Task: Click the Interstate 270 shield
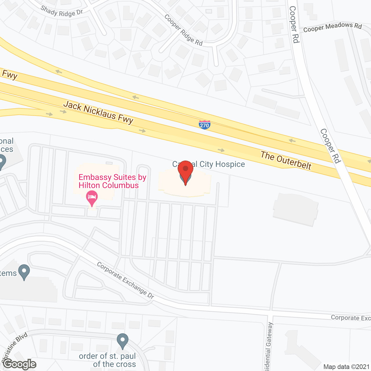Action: point(204,125)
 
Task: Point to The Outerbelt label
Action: point(286,160)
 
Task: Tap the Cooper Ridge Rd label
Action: point(183,30)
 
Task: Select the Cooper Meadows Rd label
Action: point(332,27)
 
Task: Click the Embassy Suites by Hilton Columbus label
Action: point(112,181)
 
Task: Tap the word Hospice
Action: point(230,164)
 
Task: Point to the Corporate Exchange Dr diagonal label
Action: point(125,280)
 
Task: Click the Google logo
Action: point(20,364)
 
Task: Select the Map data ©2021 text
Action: point(346,367)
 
